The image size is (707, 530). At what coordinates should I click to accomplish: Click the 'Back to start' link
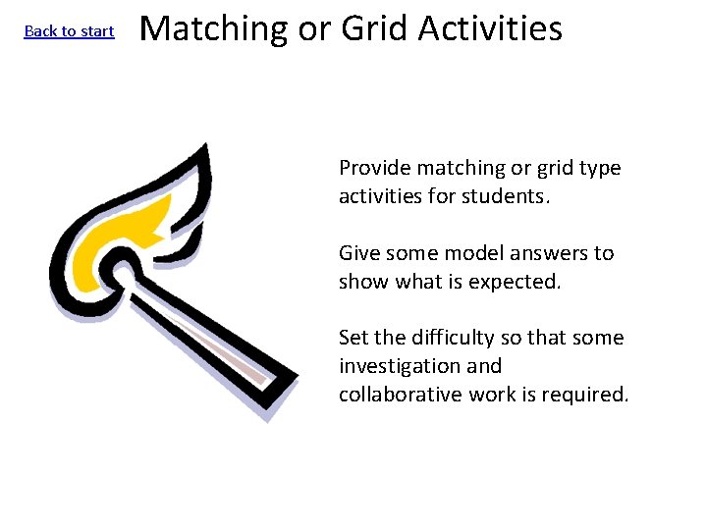coord(69,31)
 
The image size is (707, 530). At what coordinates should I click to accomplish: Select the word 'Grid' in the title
coord(375,28)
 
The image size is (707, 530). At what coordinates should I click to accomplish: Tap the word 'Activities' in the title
coord(490,28)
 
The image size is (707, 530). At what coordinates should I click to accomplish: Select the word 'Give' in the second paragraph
coord(358,253)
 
